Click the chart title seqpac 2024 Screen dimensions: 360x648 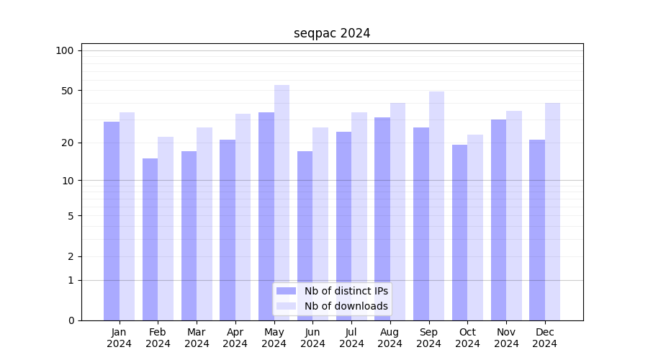pyautogui.click(x=332, y=33)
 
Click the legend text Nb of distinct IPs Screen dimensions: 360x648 pyautogui.click(x=346, y=291)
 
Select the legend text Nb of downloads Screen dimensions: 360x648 pyautogui.click(x=346, y=306)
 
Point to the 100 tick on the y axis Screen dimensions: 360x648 pyautogui.click(x=65, y=50)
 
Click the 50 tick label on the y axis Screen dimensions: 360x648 pyautogui.click(x=67, y=91)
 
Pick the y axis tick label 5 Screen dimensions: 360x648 pyautogui.click(x=71, y=215)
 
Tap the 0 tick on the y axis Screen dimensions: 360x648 pyautogui.click(x=71, y=320)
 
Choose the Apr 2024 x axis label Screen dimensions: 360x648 pyautogui.click(x=235, y=338)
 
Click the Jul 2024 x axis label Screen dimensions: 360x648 pyautogui.click(x=351, y=338)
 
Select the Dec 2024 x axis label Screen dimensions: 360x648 pyautogui.click(x=545, y=338)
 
